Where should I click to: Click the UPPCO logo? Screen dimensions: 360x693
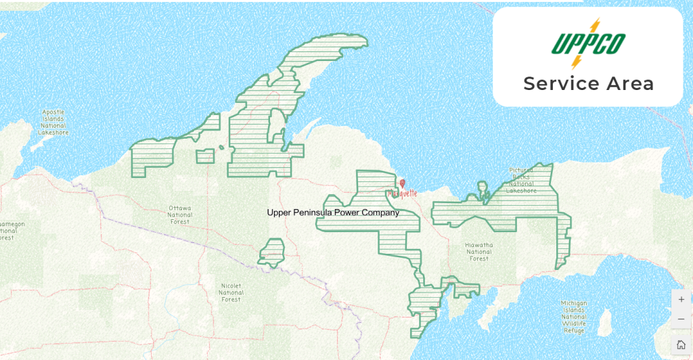click(587, 44)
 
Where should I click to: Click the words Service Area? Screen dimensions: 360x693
click(588, 84)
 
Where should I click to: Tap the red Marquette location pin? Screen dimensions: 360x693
click(403, 183)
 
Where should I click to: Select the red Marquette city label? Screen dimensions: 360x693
click(402, 193)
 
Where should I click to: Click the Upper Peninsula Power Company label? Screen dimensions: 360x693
click(333, 212)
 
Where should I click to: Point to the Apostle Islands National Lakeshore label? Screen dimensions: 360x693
click(53, 122)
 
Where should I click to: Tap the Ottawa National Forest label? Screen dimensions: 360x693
click(180, 215)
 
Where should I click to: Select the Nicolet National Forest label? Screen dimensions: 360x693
click(231, 292)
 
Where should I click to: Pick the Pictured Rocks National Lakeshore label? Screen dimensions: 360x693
click(521, 181)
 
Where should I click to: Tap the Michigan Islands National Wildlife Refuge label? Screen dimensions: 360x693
click(573, 317)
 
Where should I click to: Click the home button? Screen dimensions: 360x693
click(681, 344)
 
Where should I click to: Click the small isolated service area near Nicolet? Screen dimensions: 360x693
click(272, 252)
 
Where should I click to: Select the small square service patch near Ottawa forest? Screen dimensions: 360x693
click(205, 156)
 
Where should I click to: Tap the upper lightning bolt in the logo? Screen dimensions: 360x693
click(594, 26)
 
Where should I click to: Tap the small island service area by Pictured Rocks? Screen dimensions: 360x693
click(483, 188)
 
